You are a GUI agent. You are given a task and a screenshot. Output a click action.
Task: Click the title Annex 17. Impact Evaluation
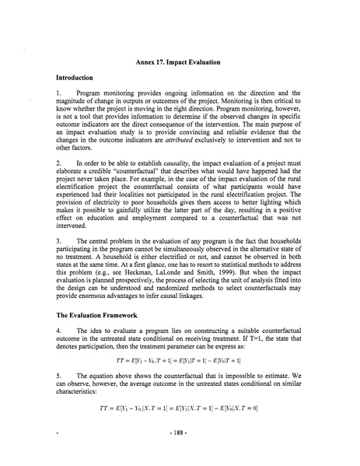(179, 61)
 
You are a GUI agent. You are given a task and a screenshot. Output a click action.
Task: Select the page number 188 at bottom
(180, 451)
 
